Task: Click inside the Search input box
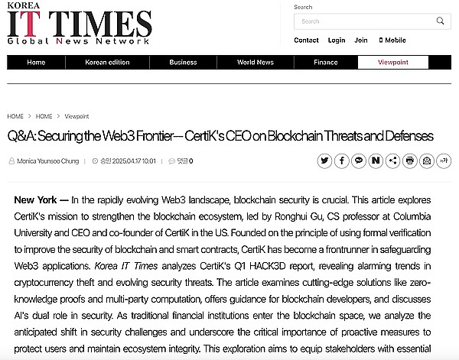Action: coord(360,21)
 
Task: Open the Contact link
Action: coord(306,41)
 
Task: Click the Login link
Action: coord(337,41)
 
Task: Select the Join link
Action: coord(361,41)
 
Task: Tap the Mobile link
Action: coord(392,41)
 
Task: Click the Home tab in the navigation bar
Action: coord(36,63)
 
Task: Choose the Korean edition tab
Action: coord(107,63)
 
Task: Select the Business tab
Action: coord(183,63)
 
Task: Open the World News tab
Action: coord(255,63)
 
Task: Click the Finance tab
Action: coord(325,63)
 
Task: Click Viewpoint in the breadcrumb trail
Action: coord(76,116)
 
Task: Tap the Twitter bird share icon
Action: coord(324,161)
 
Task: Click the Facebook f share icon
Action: coord(341,161)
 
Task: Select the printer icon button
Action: coord(409,161)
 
